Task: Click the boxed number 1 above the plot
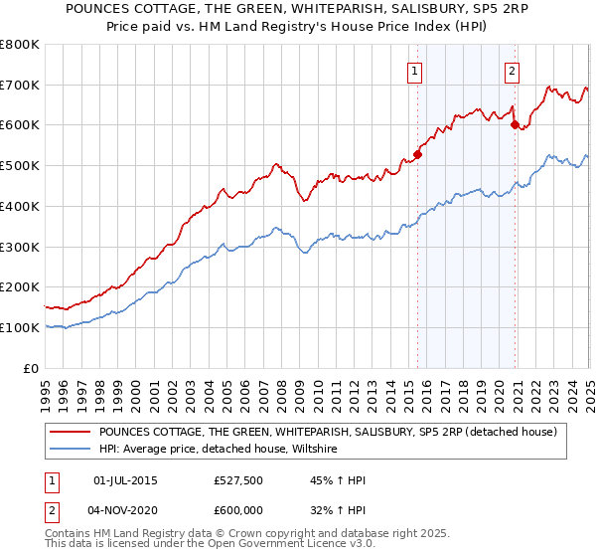pos(413,70)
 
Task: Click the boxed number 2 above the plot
pos(512,70)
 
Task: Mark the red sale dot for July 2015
pos(418,154)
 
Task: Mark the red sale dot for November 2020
pos(515,124)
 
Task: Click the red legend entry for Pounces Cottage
pos(333,433)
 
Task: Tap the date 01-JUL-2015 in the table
pos(124,480)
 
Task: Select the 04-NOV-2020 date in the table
pos(124,508)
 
